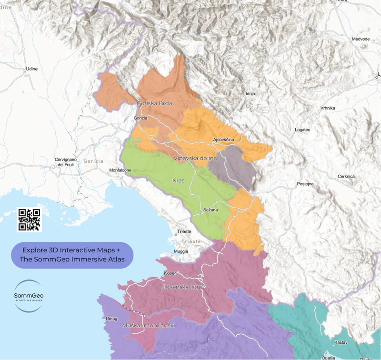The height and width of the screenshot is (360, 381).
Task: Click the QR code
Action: click(30, 220)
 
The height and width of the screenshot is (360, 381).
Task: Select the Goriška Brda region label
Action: click(154, 103)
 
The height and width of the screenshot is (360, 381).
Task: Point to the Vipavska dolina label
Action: click(195, 158)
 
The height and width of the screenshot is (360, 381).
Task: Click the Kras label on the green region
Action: click(178, 181)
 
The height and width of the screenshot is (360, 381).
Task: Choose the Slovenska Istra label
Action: click(182, 287)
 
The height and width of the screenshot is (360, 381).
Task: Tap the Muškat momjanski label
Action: click(149, 325)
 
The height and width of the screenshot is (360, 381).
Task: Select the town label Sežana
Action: click(210, 210)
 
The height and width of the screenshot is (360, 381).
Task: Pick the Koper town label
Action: click(170, 273)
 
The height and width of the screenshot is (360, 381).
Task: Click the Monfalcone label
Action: click(120, 170)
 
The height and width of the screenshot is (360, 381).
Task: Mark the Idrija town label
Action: click(251, 94)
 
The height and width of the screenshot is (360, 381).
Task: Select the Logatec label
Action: click(302, 130)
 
